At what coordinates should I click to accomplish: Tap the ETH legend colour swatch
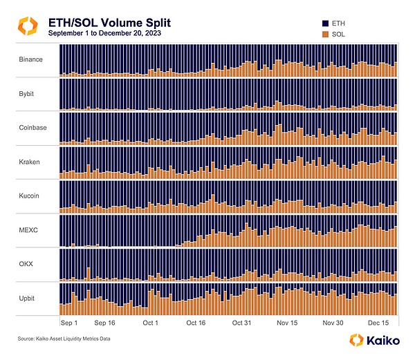(x=326, y=23)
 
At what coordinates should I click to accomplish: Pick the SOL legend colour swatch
(x=326, y=32)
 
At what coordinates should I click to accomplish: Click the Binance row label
(x=30, y=59)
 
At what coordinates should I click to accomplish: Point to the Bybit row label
(x=27, y=93)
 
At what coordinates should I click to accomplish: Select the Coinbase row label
(x=32, y=127)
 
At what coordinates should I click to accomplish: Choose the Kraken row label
(x=29, y=162)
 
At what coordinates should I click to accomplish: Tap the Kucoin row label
(x=29, y=196)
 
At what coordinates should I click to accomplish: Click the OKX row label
(x=26, y=263)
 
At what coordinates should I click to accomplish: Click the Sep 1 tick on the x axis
(x=69, y=323)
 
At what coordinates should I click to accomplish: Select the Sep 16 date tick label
(x=104, y=323)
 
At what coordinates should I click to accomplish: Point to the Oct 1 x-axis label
(x=151, y=323)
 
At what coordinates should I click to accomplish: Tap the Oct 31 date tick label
(x=242, y=323)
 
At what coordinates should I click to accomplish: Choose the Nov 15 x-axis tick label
(x=288, y=323)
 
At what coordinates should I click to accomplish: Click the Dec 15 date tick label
(x=379, y=323)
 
